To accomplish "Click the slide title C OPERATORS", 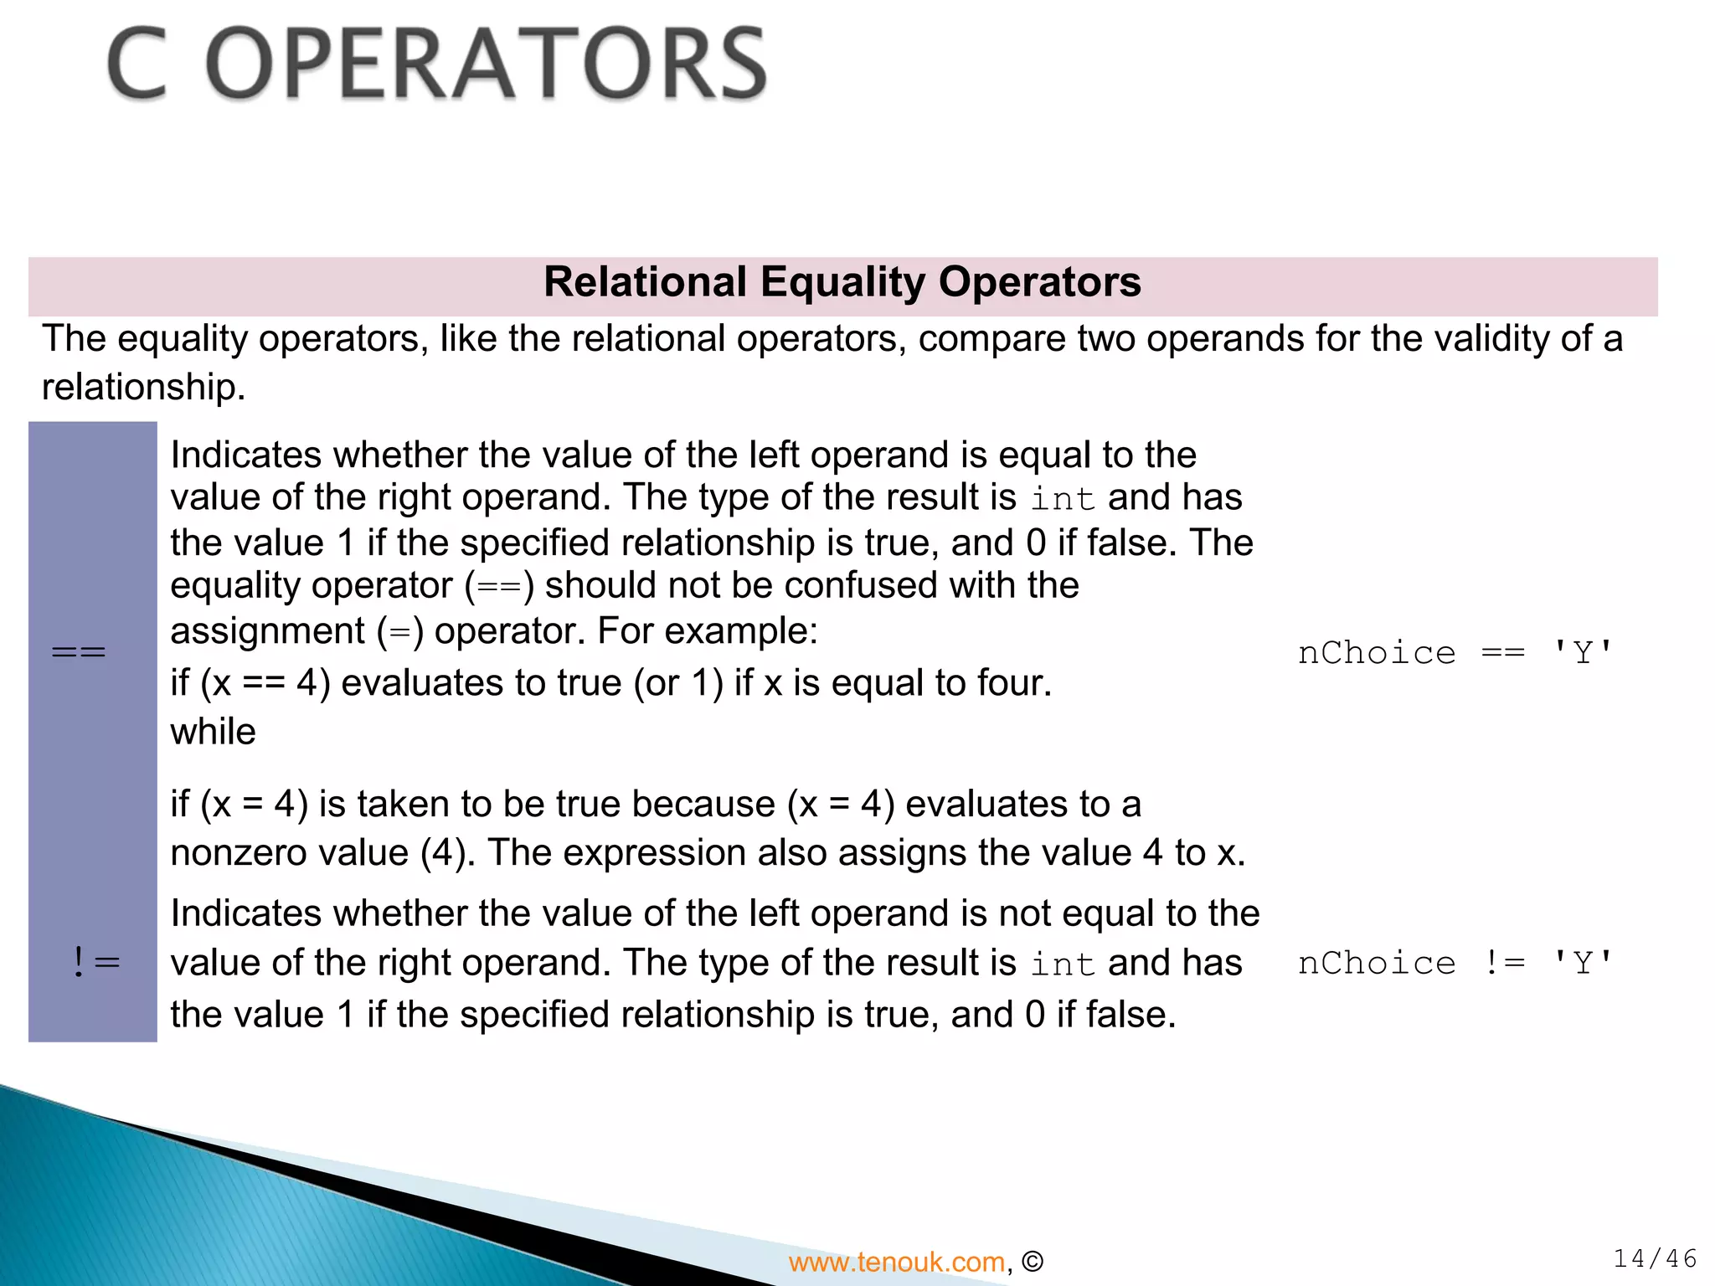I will pyautogui.click(x=436, y=64).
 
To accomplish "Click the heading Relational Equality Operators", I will pyautogui.click(x=842, y=282).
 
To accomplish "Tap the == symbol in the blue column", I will pyautogui.click(x=79, y=652).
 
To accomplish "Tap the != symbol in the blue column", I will pyautogui.click(x=96, y=963).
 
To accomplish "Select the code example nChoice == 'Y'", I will pyautogui.click(x=1455, y=653).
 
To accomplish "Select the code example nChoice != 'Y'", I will pyautogui.click(x=1455, y=964).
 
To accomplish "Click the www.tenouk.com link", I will pyautogui.click(x=896, y=1262).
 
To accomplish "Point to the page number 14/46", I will pyautogui.click(x=1655, y=1258).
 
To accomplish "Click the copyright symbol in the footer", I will pyautogui.click(x=1033, y=1262).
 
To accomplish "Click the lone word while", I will pyautogui.click(x=213, y=732).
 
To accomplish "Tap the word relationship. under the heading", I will pyautogui.click(x=143, y=387).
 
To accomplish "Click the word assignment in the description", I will pyautogui.click(x=267, y=631).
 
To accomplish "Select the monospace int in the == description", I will pyautogui.click(x=1062, y=499).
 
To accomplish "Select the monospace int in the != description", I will pyautogui.click(x=1062, y=964).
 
